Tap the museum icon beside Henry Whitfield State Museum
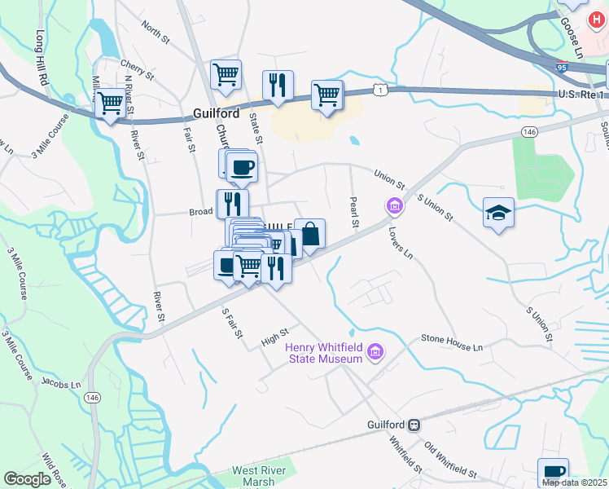pos(375,352)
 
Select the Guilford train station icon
pos(414,425)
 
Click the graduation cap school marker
pos(498,214)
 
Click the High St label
pos(274,337)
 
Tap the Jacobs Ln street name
pos(62,384)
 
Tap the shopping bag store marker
pos(309,235)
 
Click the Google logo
pos(27,479)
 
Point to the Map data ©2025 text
pos(574,482)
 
